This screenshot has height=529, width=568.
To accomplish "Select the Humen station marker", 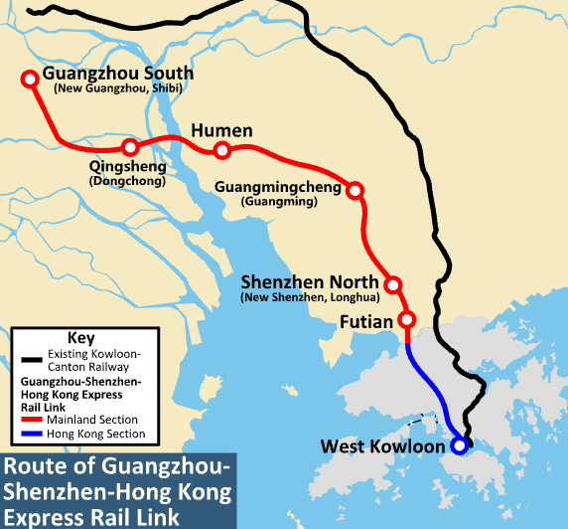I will pos(222,151).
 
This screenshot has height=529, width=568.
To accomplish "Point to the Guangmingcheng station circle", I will pos(355,190).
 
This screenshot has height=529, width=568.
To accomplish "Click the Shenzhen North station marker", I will pos(393,285).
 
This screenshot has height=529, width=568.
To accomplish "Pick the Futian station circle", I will pos(406,320).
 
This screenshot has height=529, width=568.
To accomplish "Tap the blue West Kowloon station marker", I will pos(459,446).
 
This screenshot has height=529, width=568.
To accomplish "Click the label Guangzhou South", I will pos(118,75).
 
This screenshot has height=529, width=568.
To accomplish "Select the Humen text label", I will pos(220,131).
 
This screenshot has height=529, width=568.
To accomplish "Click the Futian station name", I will pos(366,322).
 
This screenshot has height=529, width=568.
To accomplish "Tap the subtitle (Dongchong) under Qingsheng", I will pos(127,182).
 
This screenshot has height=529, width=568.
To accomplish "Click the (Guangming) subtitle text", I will pos(279,202).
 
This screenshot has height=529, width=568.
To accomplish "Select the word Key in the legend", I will pos(78,337).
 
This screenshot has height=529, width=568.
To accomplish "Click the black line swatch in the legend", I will pos(31,358).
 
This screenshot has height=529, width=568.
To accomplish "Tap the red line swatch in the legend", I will pos(31,421).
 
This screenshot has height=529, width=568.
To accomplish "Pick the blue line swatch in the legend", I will pos(31,435).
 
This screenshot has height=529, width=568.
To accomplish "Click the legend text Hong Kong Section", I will pos(96,435).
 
